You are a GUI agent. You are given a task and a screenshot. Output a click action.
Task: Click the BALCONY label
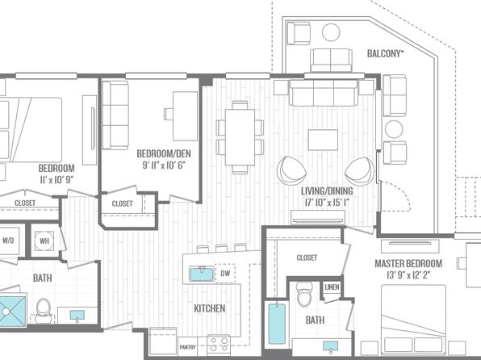(385, 54)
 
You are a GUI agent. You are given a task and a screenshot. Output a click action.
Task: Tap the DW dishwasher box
(225, 274)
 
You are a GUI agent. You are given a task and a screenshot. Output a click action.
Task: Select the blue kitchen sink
(202, 274)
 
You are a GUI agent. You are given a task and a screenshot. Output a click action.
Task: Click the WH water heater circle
(44, 241)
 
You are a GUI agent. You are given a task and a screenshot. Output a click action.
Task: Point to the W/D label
(8, 241)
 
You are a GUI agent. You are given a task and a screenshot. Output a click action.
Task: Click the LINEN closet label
(332, 287)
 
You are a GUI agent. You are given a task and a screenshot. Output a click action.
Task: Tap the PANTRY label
(187, 347)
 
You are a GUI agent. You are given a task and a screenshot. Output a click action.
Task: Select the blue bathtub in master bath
(277, 324)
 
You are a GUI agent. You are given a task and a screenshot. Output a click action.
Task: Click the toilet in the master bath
(304, 295)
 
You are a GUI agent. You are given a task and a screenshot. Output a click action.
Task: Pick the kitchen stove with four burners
(219, 345)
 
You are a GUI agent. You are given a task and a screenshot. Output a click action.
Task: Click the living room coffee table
(323, 140)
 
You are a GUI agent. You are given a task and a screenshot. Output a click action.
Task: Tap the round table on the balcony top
(331, 32)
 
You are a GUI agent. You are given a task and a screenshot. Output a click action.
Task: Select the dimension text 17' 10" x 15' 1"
(327, 203)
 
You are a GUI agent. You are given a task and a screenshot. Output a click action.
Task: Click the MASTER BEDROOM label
(408, 263)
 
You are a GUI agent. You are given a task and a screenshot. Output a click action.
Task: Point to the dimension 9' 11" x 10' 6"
(164, 165)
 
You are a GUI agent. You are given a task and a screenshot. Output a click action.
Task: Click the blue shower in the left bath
(13, 310)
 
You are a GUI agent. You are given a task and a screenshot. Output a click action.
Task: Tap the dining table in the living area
(240, 137)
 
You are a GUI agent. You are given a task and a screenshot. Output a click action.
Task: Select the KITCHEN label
(210, 308)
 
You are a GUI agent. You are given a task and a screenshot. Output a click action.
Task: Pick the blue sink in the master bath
(331, 346)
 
